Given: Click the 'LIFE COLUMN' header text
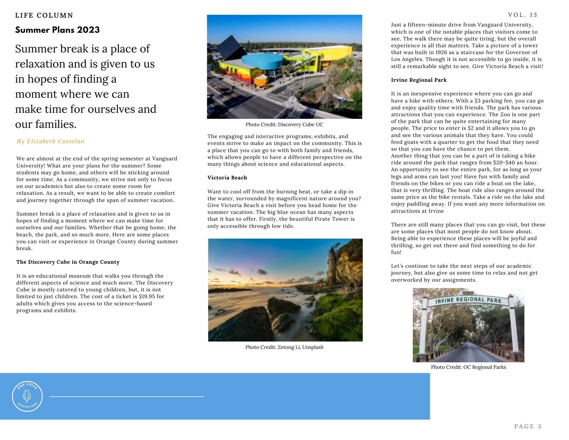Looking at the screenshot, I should pos(44,15).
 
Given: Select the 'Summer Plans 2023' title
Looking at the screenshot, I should pos(57,30).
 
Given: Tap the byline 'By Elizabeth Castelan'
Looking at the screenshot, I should pos(50,141).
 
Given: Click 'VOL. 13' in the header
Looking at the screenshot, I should pos(522,15).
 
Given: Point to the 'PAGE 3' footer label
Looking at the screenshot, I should pos(528,426).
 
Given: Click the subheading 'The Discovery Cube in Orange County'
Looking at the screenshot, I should pos(68,262).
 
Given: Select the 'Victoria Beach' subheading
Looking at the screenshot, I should pos(227,178).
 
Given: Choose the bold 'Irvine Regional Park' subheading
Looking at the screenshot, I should pos(419,80).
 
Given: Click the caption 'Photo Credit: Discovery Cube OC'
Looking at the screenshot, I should pos(284,125).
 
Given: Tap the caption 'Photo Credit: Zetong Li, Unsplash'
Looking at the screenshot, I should pos(284,347).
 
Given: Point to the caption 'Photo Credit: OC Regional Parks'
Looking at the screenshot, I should pos(468,367).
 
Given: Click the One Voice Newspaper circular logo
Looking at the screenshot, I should pos(27,396).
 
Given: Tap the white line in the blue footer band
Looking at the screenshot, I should pos(127,396).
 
